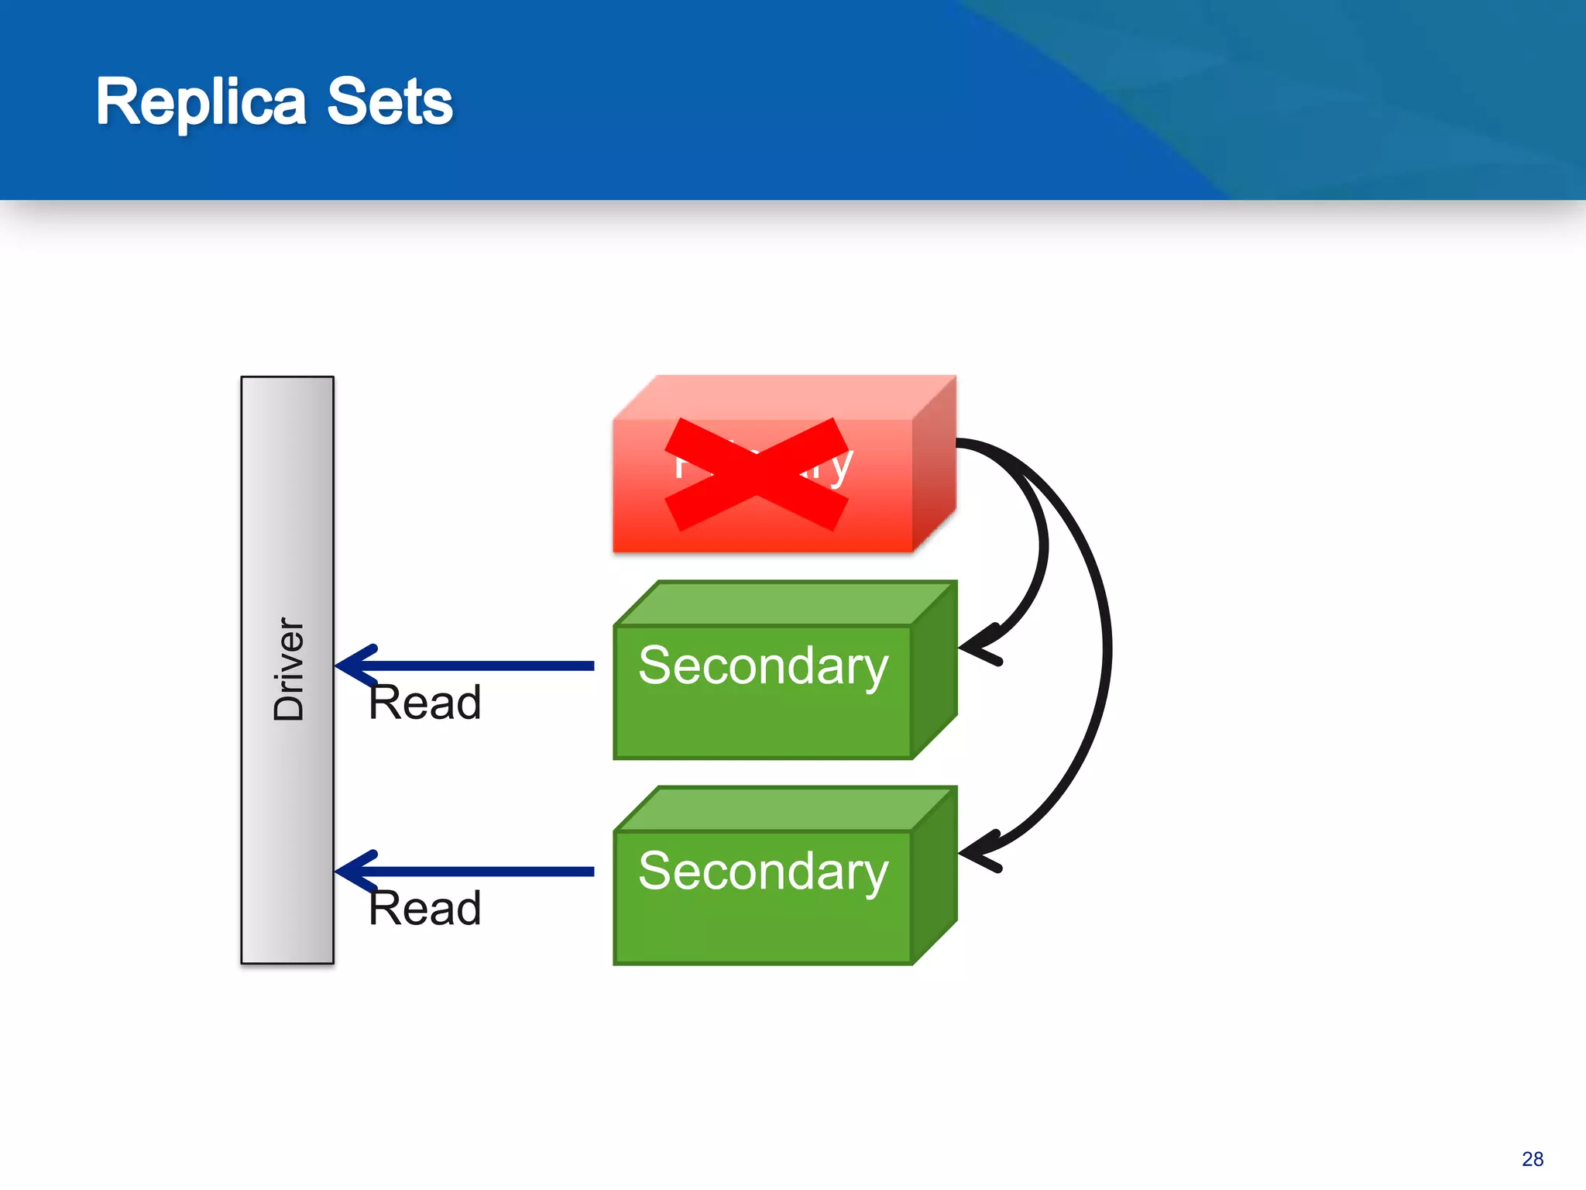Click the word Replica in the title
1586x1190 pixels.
click(x=200, y=102)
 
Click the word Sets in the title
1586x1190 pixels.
click(x=390, y=102)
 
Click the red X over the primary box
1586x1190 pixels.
click(x=756, y=474)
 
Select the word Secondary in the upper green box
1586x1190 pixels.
click(x=763, y=666)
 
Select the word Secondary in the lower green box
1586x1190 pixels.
click(x=763, y=872)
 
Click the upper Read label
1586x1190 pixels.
click(x=424, y=703)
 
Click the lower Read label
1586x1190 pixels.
click(x=424, y=908)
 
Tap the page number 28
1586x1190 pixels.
click(x=1532, y=1159)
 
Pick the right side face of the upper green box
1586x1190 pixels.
click(x=934, y=671)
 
